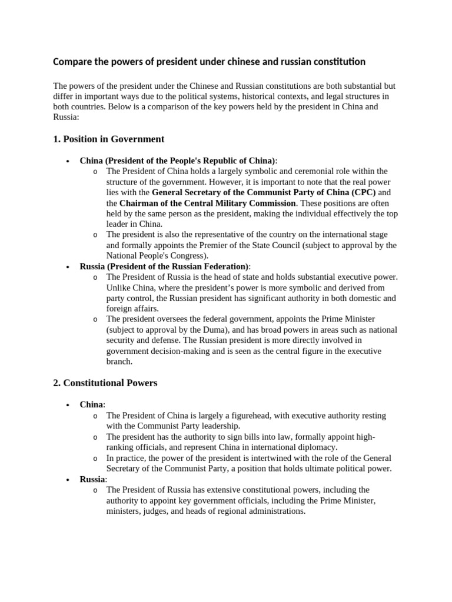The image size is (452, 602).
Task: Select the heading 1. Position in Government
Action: coord(108,139)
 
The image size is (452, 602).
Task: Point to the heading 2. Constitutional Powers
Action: coord(105,383)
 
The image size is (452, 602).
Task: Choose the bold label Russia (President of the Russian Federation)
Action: coord(164,266)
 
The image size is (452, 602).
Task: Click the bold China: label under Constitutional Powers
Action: coord(92,405)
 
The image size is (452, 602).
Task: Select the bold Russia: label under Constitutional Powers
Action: coord(93,479)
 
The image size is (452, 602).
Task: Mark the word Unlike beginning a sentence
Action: coord(119,287)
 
